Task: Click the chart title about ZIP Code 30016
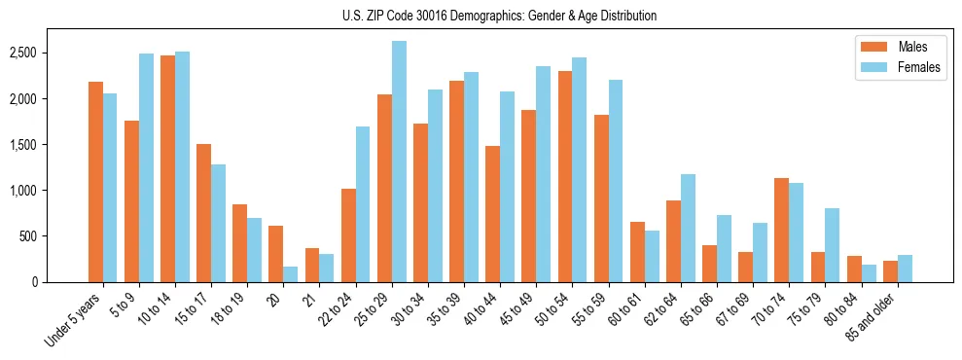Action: click(499, 16)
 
